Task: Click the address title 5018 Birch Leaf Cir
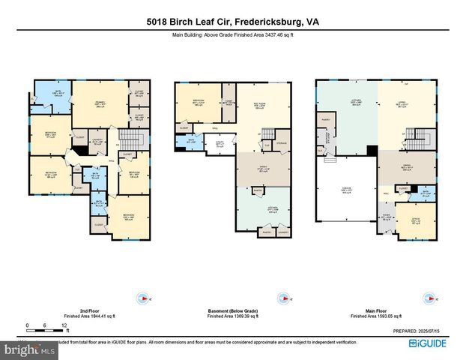(232, 22)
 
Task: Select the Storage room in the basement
(281, 142)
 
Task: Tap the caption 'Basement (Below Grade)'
(232, 312)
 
